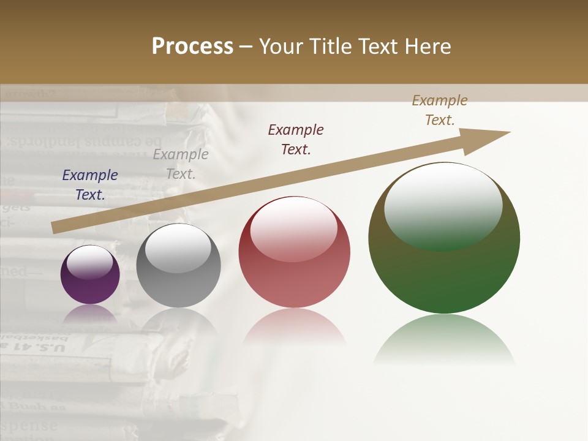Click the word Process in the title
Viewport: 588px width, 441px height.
click(x=192, y=47)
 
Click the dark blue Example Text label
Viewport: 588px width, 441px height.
click(x=90, y=185)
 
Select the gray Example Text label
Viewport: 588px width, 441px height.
click(x=181, y=164)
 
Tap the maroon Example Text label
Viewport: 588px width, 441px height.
click(x=296, y=139)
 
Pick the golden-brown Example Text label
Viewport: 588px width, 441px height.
click(x=440, y=110)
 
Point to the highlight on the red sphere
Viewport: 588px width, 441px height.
click(x=293, y=228)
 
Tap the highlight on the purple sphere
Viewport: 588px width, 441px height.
click(x=90, y=262)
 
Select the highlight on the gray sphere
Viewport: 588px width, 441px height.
click(x=178, y=248)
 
